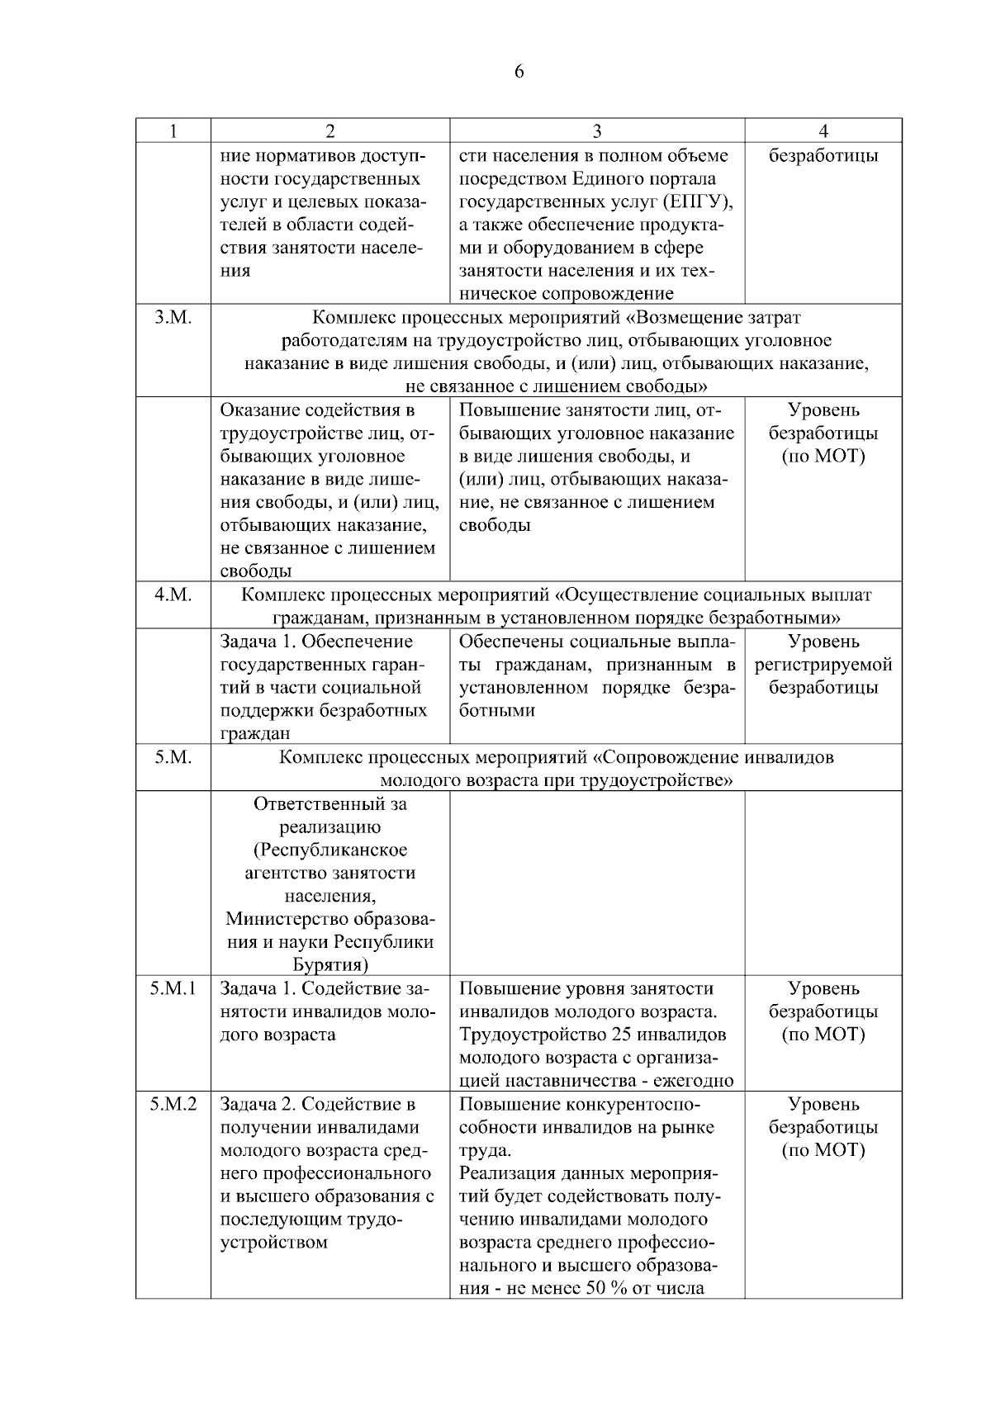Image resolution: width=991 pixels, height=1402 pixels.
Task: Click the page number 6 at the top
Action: click(519, 72)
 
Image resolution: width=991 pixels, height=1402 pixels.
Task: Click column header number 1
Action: click(173, 131)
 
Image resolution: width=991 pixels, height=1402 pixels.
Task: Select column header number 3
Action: click(597, 131)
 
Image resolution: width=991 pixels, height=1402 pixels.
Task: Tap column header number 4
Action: click(823, 131)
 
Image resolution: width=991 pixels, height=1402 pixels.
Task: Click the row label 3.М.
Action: click(173, 318)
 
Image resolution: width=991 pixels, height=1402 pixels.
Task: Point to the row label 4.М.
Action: click(173, 595)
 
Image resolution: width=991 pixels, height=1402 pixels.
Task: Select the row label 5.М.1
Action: click(173, 989)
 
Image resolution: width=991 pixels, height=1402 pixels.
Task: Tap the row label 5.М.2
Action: click(173, 1105)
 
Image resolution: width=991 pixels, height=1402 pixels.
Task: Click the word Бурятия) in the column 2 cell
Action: click(330, 966)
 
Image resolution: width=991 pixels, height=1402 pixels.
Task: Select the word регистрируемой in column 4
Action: click(823, 665)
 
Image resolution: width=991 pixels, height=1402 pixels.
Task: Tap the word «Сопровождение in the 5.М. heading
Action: click(667, 757)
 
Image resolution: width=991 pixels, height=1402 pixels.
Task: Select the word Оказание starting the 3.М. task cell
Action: click(260, 410)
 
